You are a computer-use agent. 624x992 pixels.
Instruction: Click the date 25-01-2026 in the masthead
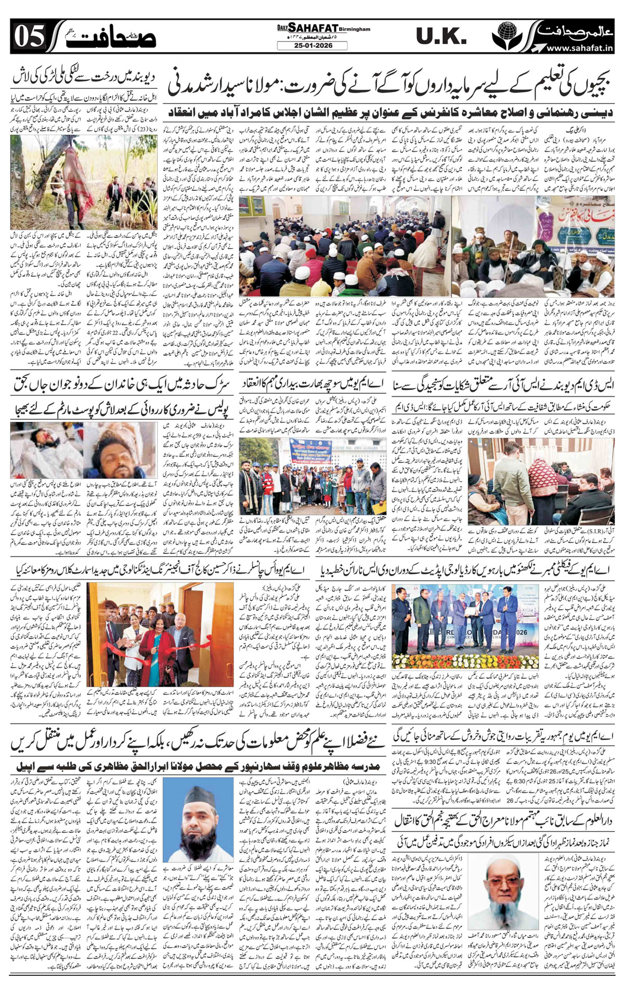click(312, 45)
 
